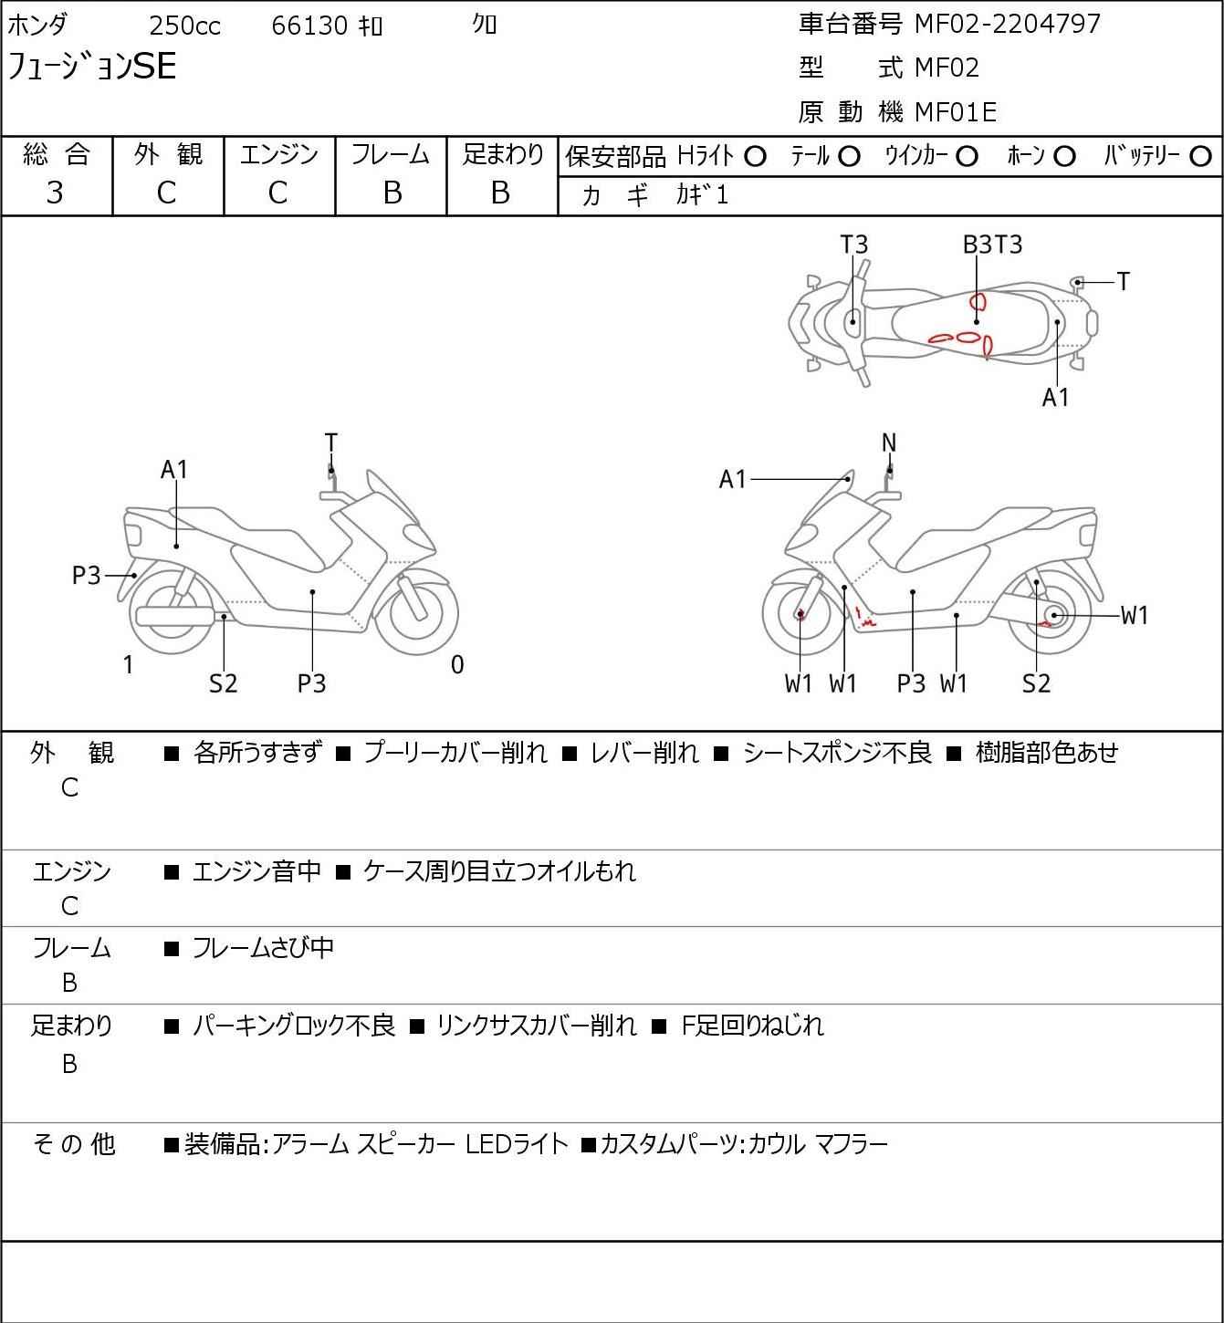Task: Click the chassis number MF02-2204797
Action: (x=1008, y=24)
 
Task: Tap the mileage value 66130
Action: (x=309, y=26)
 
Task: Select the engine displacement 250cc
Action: (x=184, y=26)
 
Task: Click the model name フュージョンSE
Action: (x=92, y=67)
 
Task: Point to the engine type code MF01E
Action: (x=955, y=112)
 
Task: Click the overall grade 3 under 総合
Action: (x=56, y=193)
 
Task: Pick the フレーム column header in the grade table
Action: (x=391, y=154)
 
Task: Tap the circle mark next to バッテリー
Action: (x=1201, y=157)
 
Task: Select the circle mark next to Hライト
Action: (x=755, y=157)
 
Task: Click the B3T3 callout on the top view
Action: (x=992, y=245)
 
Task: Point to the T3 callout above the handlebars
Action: (x=853, y=245)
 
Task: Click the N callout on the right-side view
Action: (x=889, y=443)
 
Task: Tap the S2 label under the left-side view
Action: (x=223, y=683)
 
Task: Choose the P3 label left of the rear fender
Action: (x=87, y=576)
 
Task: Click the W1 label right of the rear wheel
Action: (x=1134, y=616)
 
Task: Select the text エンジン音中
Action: (x=256, y=871)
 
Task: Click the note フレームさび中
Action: (x=263, y=948)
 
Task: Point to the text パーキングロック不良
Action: (x=294, y=1026)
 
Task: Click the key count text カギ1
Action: (x=703, y=194)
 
